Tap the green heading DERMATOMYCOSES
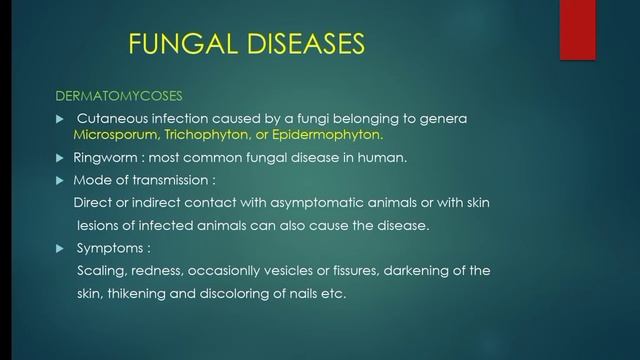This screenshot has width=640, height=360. point(119,96)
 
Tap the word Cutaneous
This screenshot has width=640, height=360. point(115,119)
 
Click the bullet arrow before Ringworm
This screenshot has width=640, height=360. point(58,158)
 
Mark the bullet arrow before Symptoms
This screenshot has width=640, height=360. point(58,248)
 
